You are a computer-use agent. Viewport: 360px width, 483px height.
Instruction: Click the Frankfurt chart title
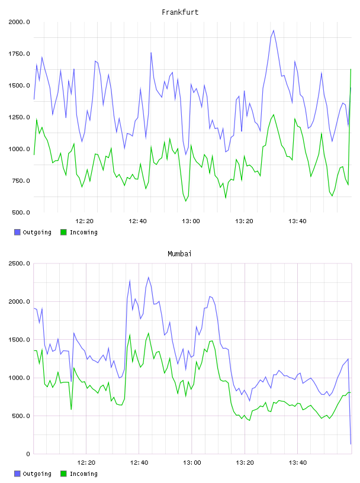pos(180,12)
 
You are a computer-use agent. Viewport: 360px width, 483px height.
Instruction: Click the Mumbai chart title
pos(179,254)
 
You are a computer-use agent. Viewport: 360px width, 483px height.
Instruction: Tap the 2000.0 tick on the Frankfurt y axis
pos(19,22)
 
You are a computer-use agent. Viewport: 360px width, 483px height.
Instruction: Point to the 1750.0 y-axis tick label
pos(19,54)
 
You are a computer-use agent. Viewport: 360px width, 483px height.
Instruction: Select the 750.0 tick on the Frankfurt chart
pos(21,181)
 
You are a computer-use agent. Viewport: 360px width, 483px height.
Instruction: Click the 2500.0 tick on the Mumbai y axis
pos(19,263)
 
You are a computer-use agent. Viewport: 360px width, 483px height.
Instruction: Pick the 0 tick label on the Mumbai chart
pos(28,454)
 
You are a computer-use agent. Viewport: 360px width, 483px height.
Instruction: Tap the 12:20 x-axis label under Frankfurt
pos(84,221)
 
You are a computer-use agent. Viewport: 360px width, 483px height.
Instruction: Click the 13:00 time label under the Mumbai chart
pos(192,463)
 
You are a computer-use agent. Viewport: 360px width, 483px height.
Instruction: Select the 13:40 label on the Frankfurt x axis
pos(297,221)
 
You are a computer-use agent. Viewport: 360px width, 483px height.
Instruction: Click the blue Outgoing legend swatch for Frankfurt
pos(17,232)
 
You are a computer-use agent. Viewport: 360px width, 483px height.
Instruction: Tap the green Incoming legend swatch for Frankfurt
pos(63,232)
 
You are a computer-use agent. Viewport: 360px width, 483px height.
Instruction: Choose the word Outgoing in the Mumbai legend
pos(37,474)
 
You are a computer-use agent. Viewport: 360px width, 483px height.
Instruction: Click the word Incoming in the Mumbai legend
pos(83,474)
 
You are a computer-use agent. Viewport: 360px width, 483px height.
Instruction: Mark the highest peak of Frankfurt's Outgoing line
pos(274,31)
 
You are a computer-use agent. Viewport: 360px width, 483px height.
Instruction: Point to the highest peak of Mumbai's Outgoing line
pos(149,277)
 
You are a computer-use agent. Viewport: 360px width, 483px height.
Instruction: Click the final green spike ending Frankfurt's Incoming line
pos(351,69)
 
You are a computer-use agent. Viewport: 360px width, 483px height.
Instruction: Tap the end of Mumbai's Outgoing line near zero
pos(351,444)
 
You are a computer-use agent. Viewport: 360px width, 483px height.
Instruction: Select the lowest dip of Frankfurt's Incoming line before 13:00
pos(185,201)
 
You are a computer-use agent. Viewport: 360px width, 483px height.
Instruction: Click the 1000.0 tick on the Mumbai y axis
pos(19,378)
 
